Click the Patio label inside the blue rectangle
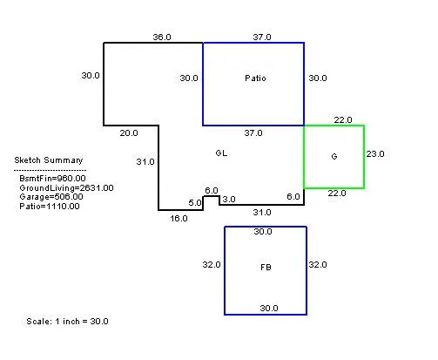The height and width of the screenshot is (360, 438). [x=255, y=78]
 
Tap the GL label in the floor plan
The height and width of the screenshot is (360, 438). [x=221, y=153]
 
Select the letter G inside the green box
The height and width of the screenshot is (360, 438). [x=334, y=157]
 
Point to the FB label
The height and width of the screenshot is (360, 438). [x=266, y=268]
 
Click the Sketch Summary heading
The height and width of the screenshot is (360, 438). [x=49, y=160]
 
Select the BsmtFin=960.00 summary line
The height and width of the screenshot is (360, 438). [x=52, y=178]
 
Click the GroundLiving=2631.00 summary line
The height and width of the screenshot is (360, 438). [x=66, y=187]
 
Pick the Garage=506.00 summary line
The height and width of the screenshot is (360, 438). [x=51, y=197]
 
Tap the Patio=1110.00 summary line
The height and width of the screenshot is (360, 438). [x=50, y=207]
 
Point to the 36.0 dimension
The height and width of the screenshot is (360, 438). [x=162, y=37]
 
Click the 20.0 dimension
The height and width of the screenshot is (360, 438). [x=129, y=133]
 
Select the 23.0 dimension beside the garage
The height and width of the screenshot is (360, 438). [x=375, y=153]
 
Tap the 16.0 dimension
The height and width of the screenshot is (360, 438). [x=179, y=218]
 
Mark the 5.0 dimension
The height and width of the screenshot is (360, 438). [x=195, y=202]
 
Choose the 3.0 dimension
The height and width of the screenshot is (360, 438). [x=229, y=200]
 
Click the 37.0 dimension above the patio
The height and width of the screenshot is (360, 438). [x=262, y=37]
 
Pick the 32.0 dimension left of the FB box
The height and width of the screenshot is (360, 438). [x=212, y=265]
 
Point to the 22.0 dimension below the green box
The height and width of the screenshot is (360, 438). [x=337, y=194]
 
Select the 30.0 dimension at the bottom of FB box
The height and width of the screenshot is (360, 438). [x=269, y=308]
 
